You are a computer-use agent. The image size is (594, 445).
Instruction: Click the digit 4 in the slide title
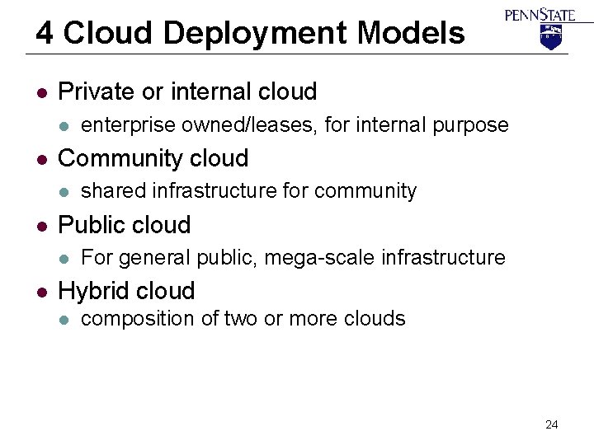[45, 34]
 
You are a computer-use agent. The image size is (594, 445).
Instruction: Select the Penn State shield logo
[549, 36]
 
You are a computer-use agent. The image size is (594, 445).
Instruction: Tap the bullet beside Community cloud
[40, 158]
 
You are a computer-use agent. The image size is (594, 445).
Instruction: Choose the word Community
[124, 158]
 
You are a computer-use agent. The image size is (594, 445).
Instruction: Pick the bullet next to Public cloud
[40, 225]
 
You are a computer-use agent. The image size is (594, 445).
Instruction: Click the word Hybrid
[91, 291]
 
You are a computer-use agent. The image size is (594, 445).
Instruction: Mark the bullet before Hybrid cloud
[40, 292]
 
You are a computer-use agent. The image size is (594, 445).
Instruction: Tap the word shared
[110, 191]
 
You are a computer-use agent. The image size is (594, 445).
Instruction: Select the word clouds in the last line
[373, 318]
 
